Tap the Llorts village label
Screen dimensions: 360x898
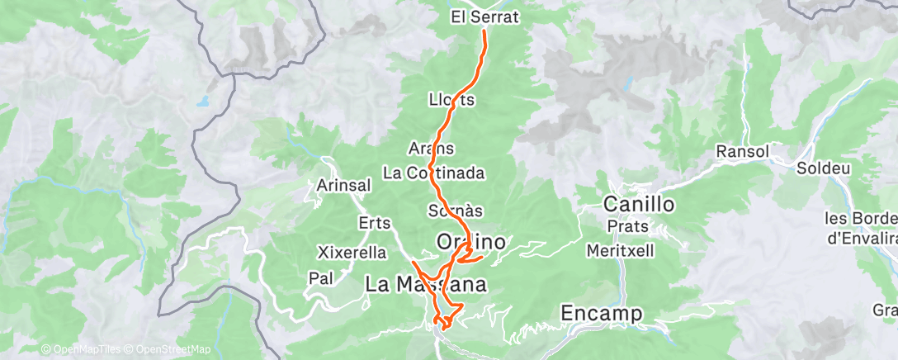pyautogui.click(x=452, y=100)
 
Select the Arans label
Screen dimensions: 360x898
pyautogui.click(x=432, y=149)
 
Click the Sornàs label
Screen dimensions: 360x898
pyautogui.click(x=456, y=211)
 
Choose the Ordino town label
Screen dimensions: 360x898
pyautogui.click(x=470, y=241)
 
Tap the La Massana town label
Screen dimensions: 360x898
pyautogui.click(x=423, y=284)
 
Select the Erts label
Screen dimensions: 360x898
pyautogui.click(x=375, y=223)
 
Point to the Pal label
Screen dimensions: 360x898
pyautogui.click(x=320, y=278)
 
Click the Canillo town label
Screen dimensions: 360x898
pyautogui.click(x=640, y=203)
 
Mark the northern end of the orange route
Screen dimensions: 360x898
pyautogui.click(x=484, y=32)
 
